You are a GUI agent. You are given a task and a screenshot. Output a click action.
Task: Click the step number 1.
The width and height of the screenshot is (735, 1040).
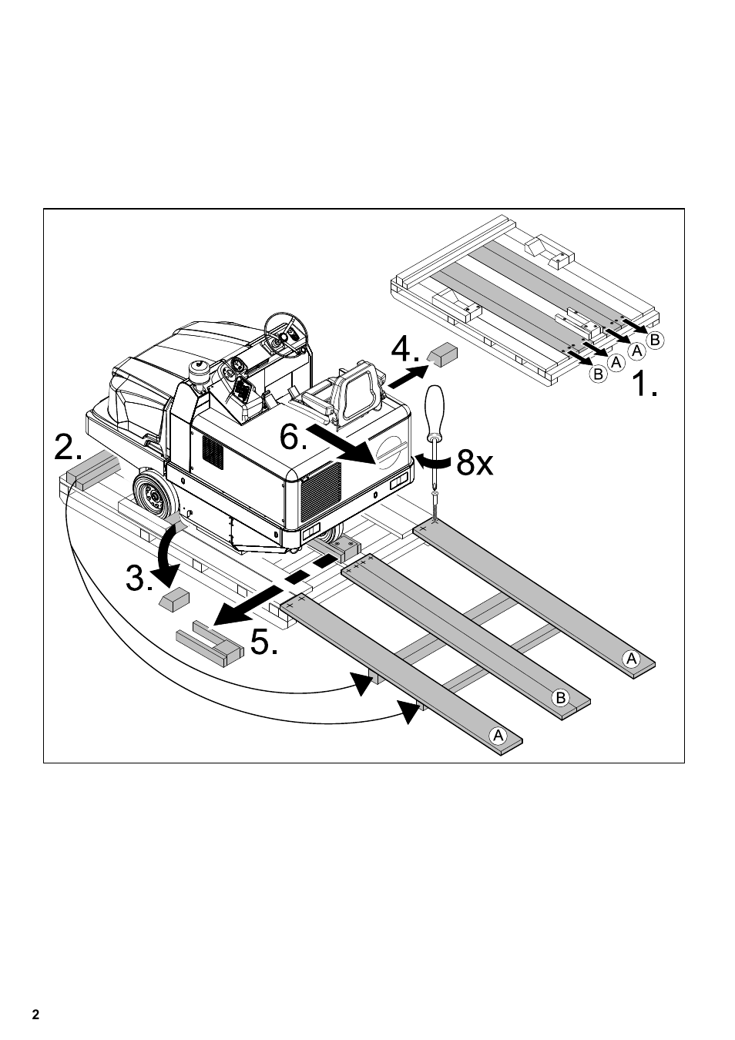[643, 383]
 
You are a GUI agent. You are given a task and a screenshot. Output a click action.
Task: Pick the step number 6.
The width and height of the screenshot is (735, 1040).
[293, 438]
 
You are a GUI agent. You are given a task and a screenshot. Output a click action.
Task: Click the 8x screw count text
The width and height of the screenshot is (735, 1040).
[474, 463]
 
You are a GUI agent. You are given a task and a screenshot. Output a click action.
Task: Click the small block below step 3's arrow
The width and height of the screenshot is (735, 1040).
[174, 599]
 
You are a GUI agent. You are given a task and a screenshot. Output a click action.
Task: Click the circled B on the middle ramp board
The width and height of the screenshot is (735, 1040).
[561, 698]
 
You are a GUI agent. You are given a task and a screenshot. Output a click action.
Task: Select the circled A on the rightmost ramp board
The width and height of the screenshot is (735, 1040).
[632, 658]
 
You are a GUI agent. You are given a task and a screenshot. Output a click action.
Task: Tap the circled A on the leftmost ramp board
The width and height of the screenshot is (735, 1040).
[498, 735]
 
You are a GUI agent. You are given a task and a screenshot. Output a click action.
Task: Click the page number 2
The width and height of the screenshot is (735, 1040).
[35, 1014]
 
